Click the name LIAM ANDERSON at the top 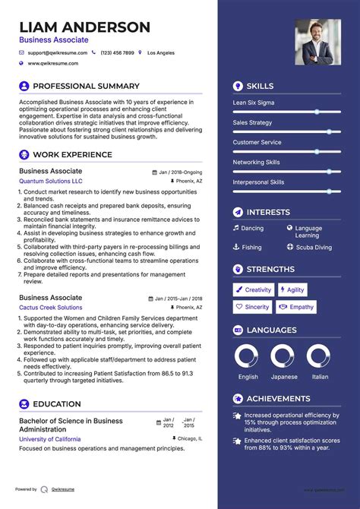pos(85,27)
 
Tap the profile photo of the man pos(318,41)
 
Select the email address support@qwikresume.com pos(58,53)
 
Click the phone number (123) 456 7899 pos(118,53)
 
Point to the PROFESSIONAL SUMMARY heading pos(86,87)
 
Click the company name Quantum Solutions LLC pos(51,182)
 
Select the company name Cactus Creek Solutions pos(51,308)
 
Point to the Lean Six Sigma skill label pos(254,103)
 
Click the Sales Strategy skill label pos(252,122)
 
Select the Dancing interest pos(252,228)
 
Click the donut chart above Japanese pos(283,356)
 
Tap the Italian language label pos(321,377)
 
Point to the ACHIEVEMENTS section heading pos(279,399)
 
